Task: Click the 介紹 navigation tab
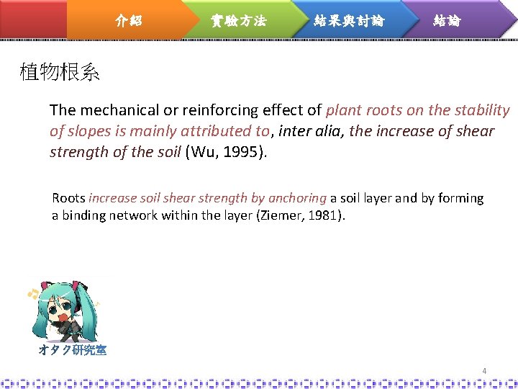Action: [129, 21]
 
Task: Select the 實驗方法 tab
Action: [238, 21]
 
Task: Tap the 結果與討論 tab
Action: [349, 21]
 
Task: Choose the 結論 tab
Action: [447, 21]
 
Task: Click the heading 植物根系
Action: [60, 73]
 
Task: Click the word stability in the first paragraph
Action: [481, 110]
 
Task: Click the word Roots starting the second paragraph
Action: [69, 198]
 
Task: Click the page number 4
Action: [484, 371]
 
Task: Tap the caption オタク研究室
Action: [73, 351]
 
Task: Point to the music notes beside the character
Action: [32, 293]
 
